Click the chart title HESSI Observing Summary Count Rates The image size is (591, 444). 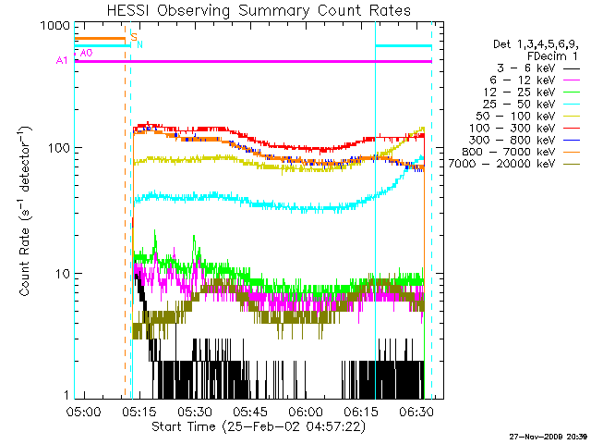(x=258, y=10)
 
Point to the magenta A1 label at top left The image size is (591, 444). (x=61, y=61)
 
